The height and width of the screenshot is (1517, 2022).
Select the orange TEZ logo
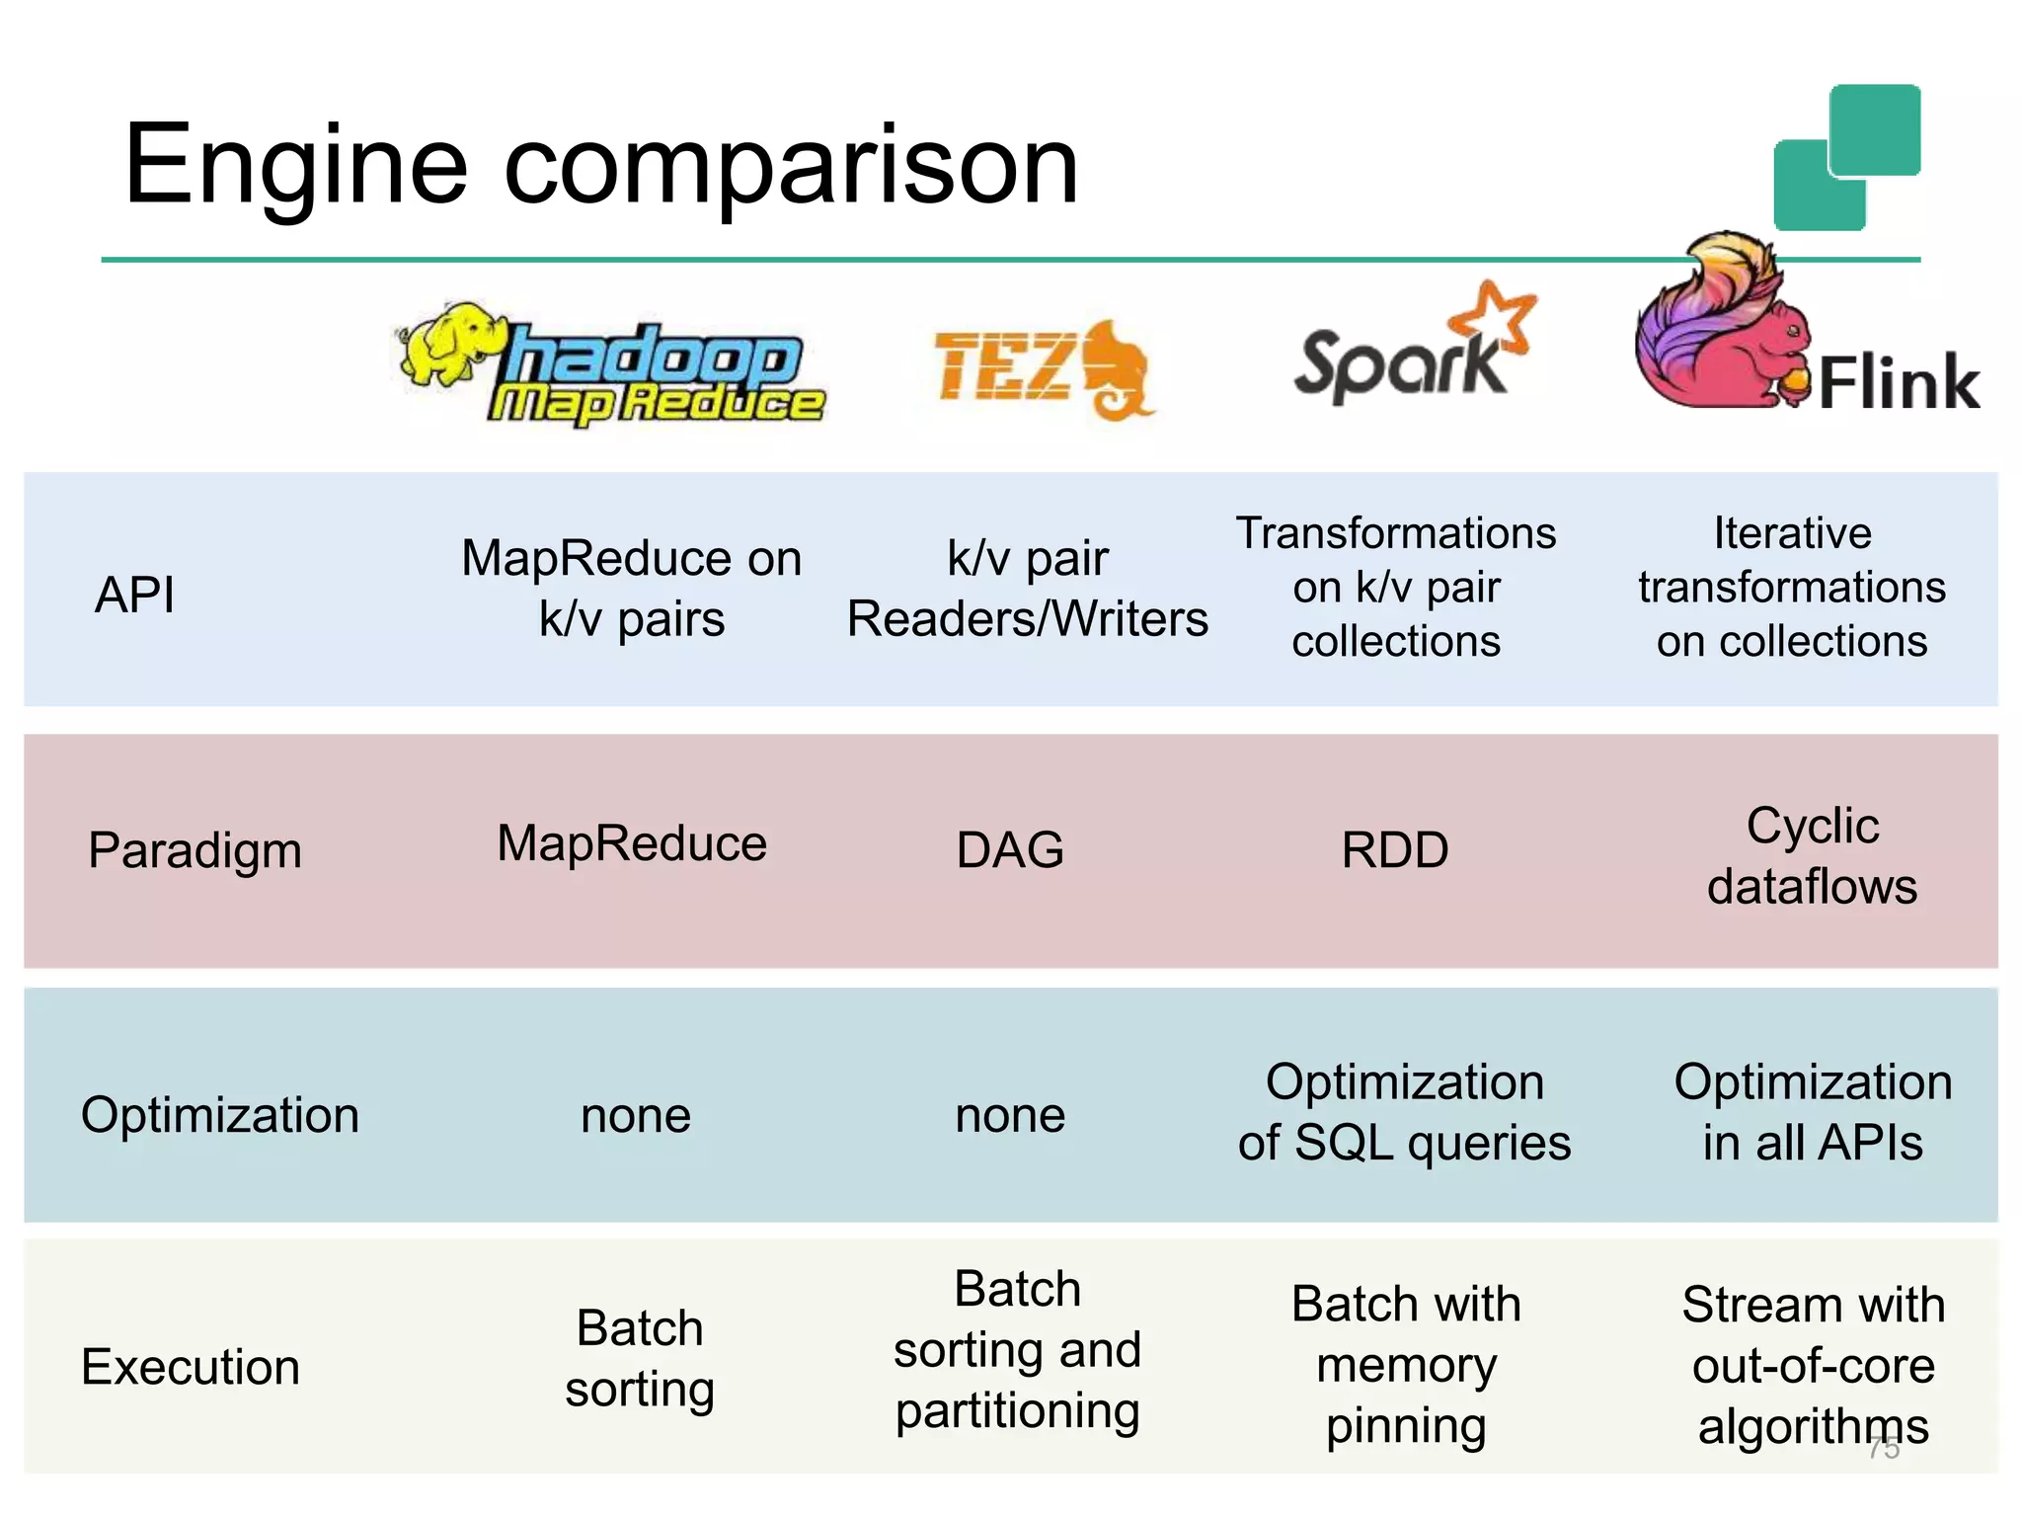[1042, 368]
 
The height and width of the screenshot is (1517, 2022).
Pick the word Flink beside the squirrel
[1898, 383]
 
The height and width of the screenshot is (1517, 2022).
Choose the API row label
[135, 595]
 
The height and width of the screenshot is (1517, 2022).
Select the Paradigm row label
[194, 850]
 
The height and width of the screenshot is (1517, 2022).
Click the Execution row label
[191, 1367]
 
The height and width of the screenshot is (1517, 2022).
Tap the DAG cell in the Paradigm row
[1010, 850]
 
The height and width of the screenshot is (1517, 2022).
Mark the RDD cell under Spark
[1394, 850]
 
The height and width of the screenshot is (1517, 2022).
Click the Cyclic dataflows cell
[1812, 855]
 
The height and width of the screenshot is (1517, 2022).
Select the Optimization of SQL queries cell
[1404, 1112]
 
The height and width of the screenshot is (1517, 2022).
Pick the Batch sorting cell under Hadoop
[640, 1358]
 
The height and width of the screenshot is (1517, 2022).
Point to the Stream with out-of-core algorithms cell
[1813, 1365]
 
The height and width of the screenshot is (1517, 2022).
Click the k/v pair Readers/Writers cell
[1027, 589]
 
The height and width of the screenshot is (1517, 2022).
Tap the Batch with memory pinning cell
[1406, 1365]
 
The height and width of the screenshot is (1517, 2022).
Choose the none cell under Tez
[1010, 1116]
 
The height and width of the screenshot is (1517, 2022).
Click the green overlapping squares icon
[1846, 158]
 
